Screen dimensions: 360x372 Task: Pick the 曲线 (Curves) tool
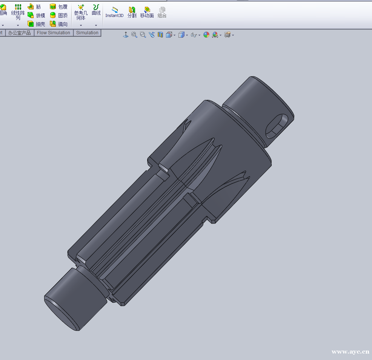pyautogui.click(x=96, y=10)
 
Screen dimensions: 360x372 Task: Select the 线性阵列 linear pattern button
pyautogui.click(x=18, y=12)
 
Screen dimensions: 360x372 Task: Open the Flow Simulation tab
pyautogui.click(x=54, y=33)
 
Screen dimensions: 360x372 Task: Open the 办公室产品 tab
pyautogui.click(x=19, y=33)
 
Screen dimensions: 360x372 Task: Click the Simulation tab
pyautogui.click(x=87, y=33)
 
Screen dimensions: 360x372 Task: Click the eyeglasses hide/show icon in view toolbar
pyautogui.click(x=194, y=35)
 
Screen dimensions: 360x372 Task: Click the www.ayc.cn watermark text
pyautogui.click(x=350, y=352)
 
